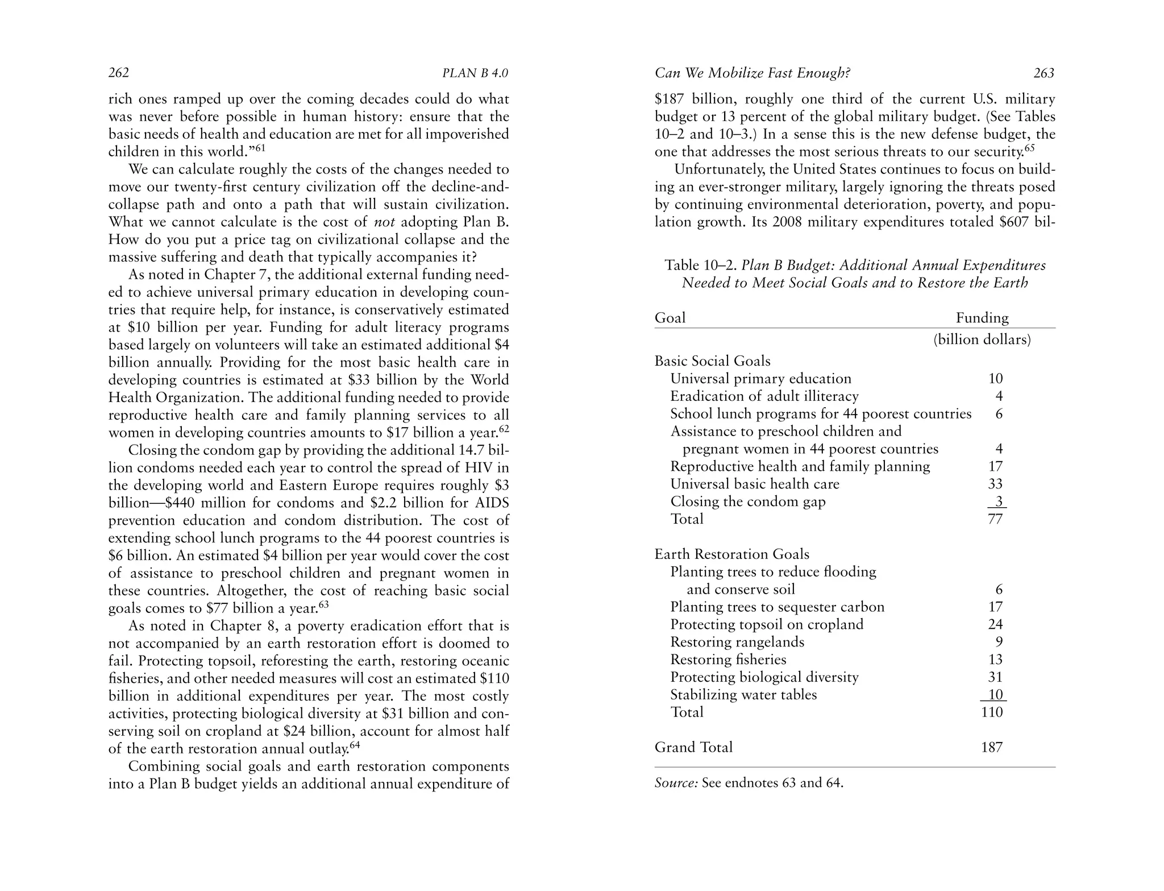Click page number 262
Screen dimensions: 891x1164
click(119, 73)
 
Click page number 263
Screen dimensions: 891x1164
click(1044, 73)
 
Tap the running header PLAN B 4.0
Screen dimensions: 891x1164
click(475, 73)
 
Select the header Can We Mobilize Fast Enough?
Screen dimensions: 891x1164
click(752, 73)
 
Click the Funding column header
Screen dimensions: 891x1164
click(982, 317)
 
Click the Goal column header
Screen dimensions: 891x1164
click(670, 317)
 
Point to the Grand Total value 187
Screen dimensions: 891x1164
click(992, 747)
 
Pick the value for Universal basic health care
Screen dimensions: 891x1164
click(995, 484)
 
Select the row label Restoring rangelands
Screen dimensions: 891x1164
click(737, 642)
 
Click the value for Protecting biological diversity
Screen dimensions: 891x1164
click(995, 677)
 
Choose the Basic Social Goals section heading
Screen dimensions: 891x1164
click(713, 361)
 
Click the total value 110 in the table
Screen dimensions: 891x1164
click(992, 712)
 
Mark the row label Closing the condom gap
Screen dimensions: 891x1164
click(748, 502)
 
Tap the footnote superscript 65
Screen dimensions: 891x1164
click(1029, 148)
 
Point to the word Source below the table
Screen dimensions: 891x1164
click(676, 783)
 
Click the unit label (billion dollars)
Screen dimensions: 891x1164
click(982, 339)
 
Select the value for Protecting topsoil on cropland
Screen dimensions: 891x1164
click(995, 624)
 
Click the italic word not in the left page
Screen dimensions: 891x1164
click(384, 222)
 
